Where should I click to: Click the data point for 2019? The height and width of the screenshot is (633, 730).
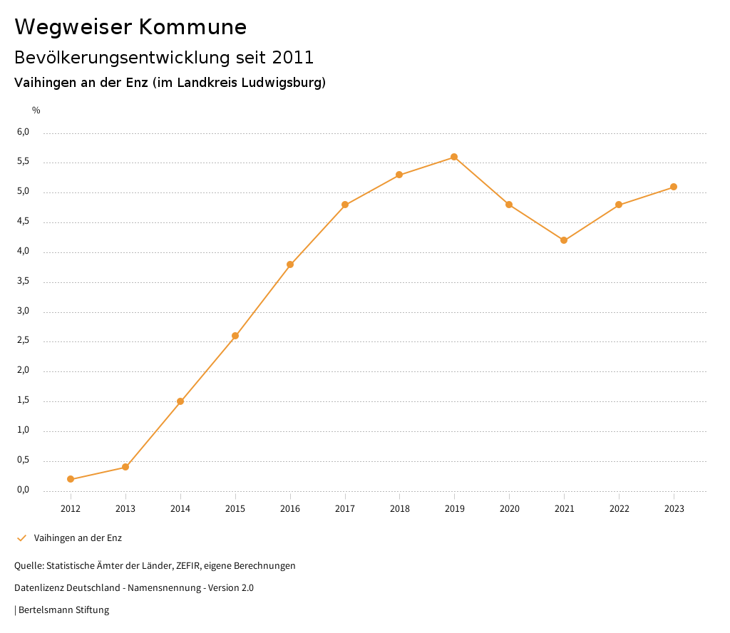[454, 157]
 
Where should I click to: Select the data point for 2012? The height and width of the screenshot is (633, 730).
[71, 479]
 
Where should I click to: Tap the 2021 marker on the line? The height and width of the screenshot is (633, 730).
[564, 240]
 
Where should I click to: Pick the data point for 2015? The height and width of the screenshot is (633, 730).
[235, 336]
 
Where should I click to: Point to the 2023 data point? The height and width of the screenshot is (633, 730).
[674, 187]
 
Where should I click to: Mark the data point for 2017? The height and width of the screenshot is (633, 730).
[345, 205]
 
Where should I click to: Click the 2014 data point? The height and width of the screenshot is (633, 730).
[180, 401]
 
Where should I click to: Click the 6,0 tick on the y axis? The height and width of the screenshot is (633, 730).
[24, 132]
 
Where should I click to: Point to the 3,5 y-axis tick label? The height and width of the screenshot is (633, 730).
[24, 282]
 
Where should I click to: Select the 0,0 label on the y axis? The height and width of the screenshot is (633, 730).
[24, 490]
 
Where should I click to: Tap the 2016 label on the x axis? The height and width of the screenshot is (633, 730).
[290, 509]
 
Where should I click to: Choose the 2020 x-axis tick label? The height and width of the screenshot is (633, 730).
[509, 509]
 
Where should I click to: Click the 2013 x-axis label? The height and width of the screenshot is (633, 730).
[125, 509]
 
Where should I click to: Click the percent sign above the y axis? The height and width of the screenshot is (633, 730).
[36, 110]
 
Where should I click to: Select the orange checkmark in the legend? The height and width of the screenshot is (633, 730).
[21, 538]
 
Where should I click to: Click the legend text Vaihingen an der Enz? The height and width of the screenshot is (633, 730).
[78, 538]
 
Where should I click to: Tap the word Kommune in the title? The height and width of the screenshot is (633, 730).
[193, 27]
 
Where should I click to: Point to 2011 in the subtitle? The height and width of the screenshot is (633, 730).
[292, 58]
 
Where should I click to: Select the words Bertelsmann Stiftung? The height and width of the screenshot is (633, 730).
[63, 610]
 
